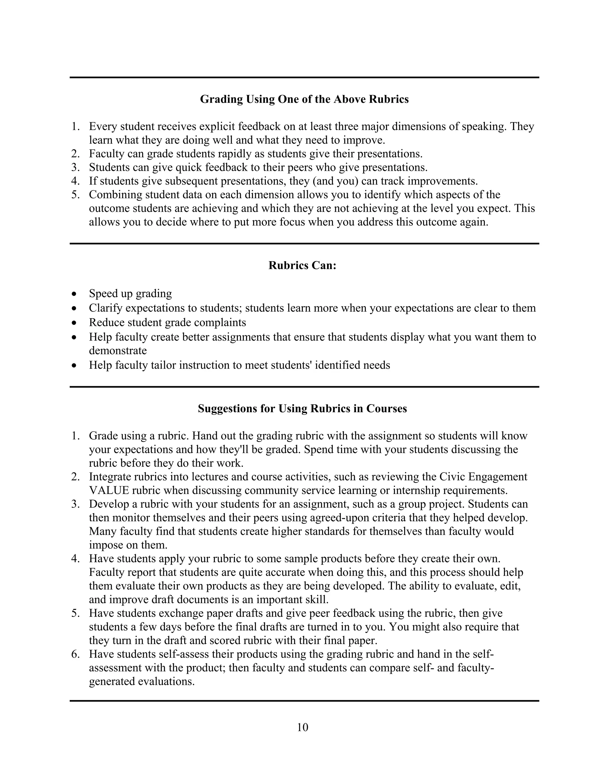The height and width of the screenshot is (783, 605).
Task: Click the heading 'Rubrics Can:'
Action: point(302,266)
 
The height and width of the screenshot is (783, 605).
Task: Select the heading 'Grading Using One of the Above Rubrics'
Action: point(304,99)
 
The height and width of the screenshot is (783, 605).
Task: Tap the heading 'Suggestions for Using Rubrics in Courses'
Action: point(302,409)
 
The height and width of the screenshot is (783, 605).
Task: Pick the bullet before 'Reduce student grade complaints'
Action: point(74,323)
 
